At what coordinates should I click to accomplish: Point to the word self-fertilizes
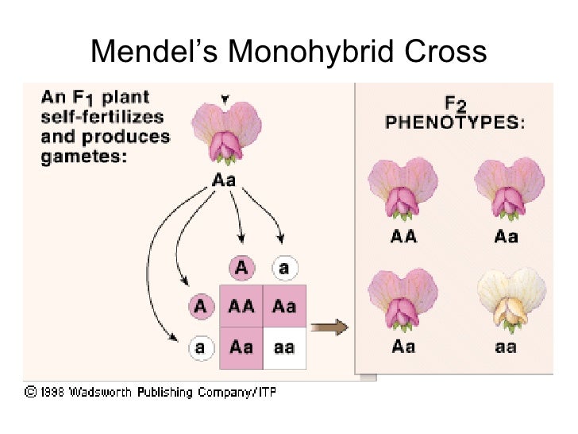(102, 117)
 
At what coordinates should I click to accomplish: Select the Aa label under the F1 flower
(224, 180)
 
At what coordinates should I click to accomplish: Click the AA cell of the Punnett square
(241, 305)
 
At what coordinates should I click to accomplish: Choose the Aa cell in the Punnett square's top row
(284, 305)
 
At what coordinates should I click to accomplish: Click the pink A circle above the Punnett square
(241, 268)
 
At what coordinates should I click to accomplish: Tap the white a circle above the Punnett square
(284, 268)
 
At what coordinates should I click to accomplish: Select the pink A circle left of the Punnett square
(201, 305)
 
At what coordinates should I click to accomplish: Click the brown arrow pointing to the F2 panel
(328, 327)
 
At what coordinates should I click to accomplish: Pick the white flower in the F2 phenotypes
(509, 300)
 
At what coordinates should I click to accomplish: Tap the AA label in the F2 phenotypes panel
(403, 235)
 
